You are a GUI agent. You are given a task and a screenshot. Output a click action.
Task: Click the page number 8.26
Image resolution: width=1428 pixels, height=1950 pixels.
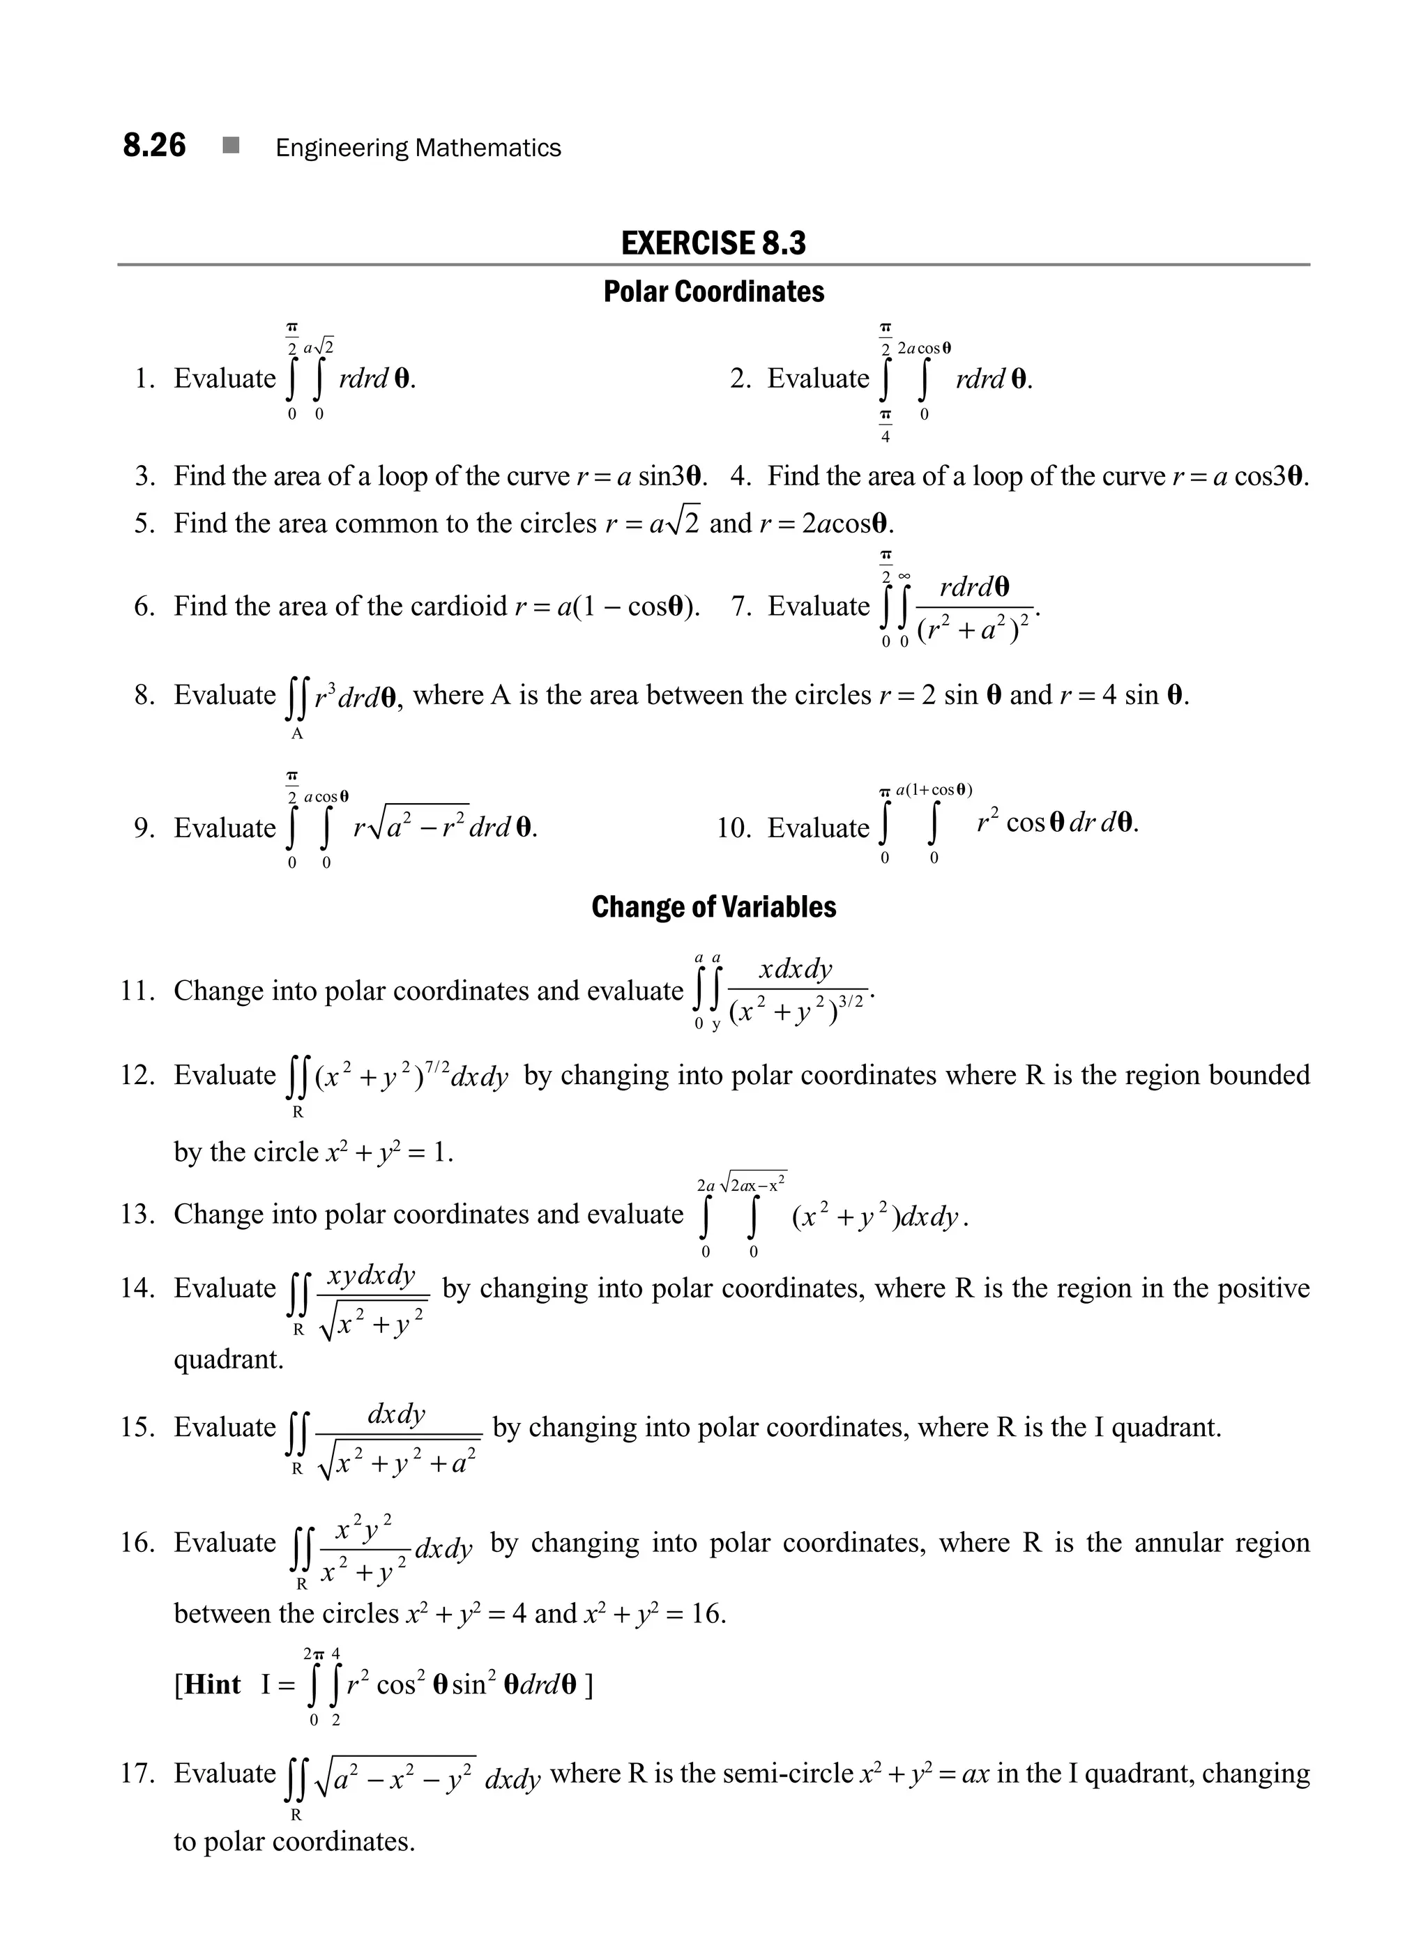[x=154, y=145]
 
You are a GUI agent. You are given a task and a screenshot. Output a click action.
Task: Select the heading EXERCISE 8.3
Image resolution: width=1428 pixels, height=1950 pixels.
[x=713, y=243]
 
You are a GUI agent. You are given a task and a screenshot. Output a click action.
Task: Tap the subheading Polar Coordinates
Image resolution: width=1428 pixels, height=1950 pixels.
[x=713, y=292]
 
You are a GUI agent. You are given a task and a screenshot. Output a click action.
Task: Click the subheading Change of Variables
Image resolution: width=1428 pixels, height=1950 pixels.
[x=713, y=907]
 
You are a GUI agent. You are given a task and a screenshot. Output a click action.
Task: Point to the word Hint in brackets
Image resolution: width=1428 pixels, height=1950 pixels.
[x=213, y=1684]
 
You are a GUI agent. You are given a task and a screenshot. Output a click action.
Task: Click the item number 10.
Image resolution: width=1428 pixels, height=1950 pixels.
[x=735, y=828]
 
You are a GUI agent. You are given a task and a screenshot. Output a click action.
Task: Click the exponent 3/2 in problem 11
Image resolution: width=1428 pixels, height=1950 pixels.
[x=851, y=1001]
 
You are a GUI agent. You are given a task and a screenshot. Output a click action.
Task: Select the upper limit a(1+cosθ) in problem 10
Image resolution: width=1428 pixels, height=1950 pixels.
[x=934, y=789]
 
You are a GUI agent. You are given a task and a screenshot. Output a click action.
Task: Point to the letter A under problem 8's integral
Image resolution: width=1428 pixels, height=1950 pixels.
[x=296, y=734]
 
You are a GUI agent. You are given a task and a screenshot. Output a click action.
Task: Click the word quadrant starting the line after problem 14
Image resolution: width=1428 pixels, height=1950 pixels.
[x=228, y=1359]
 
